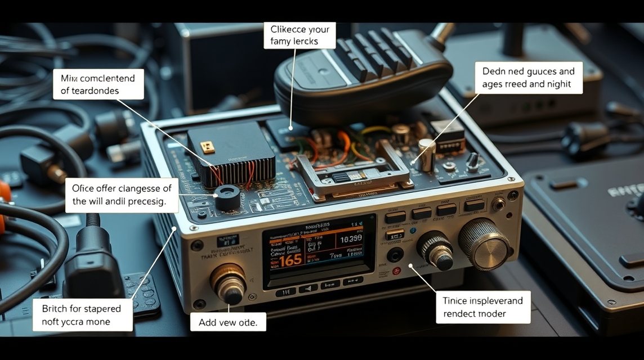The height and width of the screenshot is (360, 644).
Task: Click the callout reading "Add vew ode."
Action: click(228, 322)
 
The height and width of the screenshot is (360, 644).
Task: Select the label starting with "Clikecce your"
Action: click(299, 35)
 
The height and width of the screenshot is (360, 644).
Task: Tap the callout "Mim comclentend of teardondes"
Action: click(98, 84)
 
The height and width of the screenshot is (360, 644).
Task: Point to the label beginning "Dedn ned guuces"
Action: click(528, 78)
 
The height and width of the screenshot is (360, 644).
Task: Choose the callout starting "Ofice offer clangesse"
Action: click(122, 195)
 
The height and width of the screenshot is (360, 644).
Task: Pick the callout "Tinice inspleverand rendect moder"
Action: click(482, 307)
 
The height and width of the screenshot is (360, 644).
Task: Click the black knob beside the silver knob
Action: click(436, 250)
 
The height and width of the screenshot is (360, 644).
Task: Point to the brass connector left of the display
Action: click(229, 283)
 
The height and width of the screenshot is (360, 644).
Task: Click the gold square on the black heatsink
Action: click(208, 147)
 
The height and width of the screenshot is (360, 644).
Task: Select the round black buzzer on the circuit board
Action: click(227, 197)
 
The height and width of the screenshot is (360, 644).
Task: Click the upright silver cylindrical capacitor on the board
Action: click(426, 155)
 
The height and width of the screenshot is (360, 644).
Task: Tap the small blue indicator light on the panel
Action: click(413, 230)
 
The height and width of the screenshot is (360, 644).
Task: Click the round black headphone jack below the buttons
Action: click(395, 255)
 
